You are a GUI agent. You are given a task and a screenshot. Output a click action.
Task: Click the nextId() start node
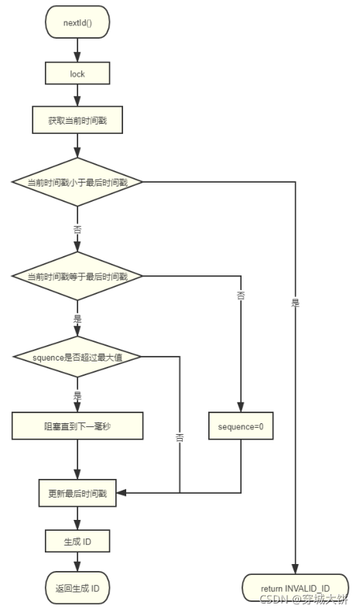click(x=77, y=23)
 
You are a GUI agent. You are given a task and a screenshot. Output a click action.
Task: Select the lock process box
click(x=77, y=74)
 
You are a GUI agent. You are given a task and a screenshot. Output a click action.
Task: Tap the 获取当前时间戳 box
click(x=77, y=121)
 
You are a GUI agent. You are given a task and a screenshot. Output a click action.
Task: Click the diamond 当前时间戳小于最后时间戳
click(x=77, y=182)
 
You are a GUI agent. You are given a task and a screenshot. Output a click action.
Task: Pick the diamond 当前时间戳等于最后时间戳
click(x=77, y=275)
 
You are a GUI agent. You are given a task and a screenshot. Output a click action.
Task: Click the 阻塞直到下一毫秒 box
click(x=77, y=426)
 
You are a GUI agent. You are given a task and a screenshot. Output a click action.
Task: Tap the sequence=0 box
click(x=241, y=426)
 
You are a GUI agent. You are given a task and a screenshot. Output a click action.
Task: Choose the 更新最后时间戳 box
click(x=77, y=492)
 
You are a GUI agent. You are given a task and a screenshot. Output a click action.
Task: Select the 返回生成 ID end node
click(x=77, y=588)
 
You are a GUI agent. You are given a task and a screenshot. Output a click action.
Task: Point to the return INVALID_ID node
click(x=295, y=588)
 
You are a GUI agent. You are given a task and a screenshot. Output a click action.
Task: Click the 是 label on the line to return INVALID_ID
click(x=295, y=303)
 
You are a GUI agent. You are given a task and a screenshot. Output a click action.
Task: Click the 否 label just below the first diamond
click(x=77, y=230)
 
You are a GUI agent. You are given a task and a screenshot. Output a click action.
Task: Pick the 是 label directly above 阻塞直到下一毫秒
click(x=77, y=395)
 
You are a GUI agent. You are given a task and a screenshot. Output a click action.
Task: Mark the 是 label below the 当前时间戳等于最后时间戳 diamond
click(x=77, y=317)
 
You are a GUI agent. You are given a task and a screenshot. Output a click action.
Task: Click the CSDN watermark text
click(x=303, y=599)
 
